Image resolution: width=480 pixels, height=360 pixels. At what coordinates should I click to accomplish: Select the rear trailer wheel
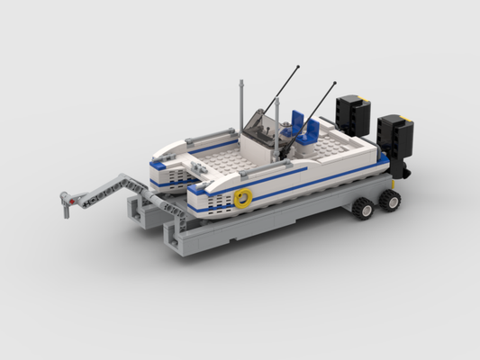(x=391, y=199)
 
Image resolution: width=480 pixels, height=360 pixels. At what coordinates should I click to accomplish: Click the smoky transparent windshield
(x=259, y=127)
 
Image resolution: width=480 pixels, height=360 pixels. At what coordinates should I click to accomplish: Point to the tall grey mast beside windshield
(x=241, y=108)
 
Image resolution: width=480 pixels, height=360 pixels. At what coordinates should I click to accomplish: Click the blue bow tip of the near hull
(x=194, y=190)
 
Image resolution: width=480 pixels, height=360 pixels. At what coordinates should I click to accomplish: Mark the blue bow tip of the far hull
(x=157, y=165)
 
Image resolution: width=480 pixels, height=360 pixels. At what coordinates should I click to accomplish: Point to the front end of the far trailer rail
(x=134, y=209)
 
